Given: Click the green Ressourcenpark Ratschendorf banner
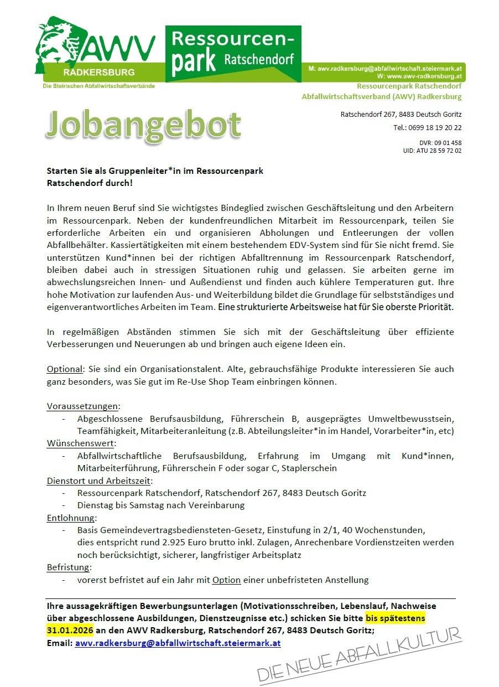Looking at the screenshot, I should coord(233,54).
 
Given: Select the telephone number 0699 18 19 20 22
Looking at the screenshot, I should coord(435,128).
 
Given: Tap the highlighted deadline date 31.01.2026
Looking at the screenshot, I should coord(70,630).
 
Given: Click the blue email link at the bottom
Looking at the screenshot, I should coord(178,643).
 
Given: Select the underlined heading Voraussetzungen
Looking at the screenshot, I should coord(83,406).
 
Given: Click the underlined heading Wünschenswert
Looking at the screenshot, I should coord(81,443).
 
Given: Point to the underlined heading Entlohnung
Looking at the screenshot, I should coord(71,518).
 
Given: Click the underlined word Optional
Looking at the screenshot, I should coord(64,369).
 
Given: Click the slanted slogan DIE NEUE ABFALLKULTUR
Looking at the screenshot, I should coord(360,656).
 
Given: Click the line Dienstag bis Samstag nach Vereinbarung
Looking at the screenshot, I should coord(160,505).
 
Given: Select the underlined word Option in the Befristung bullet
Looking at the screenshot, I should coord(226,580).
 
